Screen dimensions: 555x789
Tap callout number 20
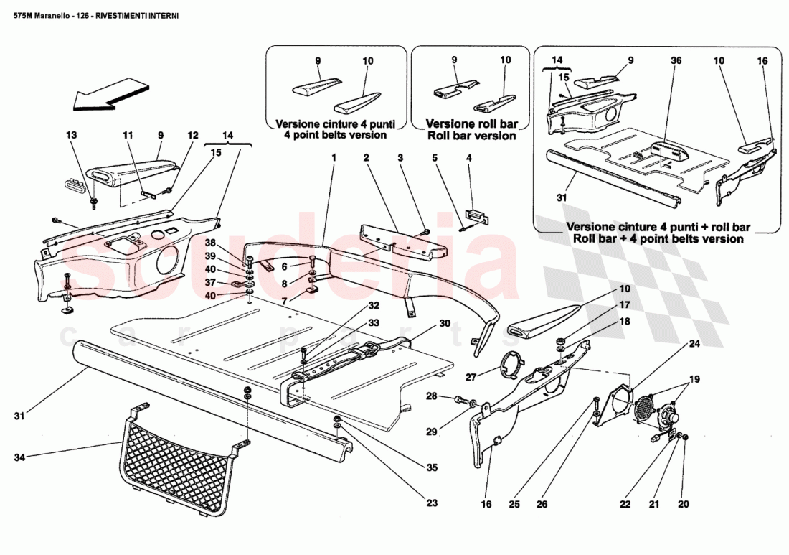pyautogui.click(x=683, y=504)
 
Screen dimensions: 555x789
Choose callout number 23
pyautogui.click(x=431, y=503)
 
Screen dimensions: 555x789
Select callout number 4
pyautogui.click(x=469, y=157)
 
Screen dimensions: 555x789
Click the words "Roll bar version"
pyautogui.click(x=471, y=136)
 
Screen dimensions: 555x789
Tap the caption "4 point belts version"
pyautogui.click(x=336, y=134)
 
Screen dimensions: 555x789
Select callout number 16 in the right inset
pyautogui.click(x=762, y=61)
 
